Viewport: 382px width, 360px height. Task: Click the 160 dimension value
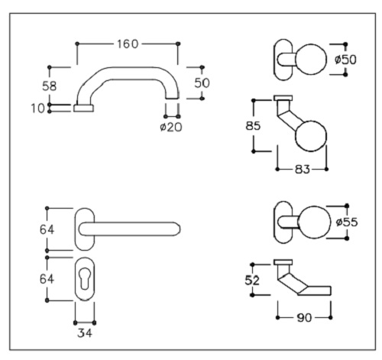(128, 44)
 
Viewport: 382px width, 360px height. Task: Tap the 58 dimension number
(49, 86)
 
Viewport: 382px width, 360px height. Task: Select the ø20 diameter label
(171, 127)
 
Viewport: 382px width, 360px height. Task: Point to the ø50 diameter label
(345, 60)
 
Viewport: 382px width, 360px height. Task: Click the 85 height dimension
(253, 125)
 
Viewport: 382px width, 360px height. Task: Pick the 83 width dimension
(303, 169)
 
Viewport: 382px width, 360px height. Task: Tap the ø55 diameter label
(347, 222)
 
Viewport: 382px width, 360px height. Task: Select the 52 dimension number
(252, 281)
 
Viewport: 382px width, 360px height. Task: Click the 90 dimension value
(304, 317)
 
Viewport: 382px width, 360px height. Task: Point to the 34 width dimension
(85, 332)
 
